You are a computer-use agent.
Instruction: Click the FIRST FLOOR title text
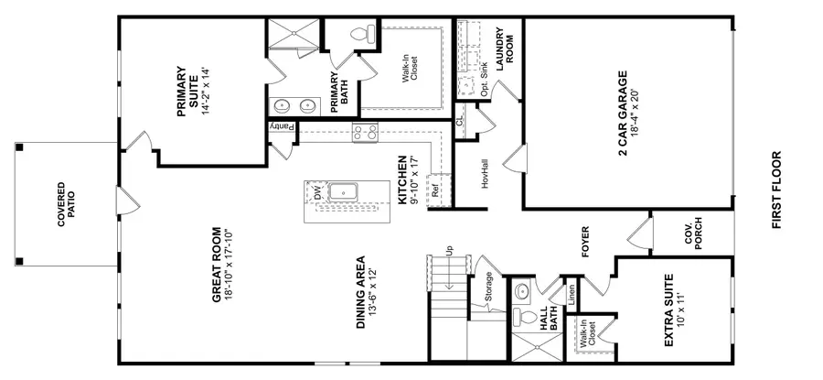pos(777,190)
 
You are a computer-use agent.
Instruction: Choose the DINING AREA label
pos(368,291)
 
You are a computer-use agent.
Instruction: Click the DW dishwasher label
pos(317,193)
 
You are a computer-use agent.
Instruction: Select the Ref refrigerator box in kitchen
pos(436,191)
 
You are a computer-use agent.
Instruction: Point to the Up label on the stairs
pos(448,250)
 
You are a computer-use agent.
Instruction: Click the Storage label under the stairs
pos(490,288)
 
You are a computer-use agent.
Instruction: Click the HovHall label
pos(486,176)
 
